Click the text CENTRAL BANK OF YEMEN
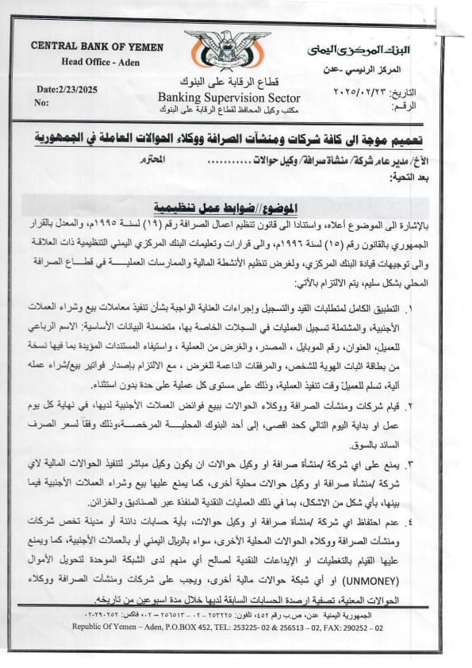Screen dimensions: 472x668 (89, 46)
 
